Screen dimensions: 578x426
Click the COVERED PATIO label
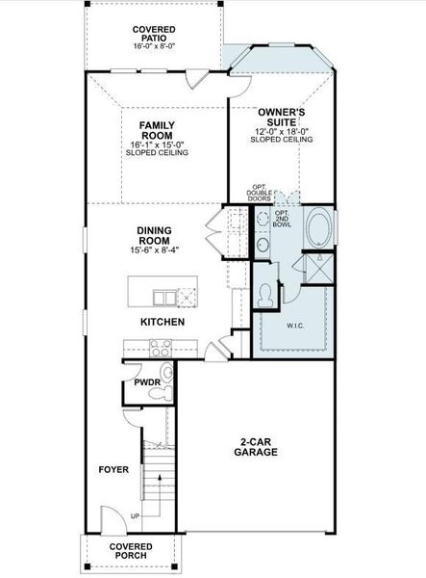[x=154, y=36]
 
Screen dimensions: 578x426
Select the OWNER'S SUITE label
[x=281, y=118]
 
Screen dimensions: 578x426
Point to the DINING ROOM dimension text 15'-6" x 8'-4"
[x=154, y=250]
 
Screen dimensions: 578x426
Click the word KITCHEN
[x=163, y=322]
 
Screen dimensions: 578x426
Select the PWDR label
[x=146, y=381]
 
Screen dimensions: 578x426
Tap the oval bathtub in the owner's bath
[x=318, y=232]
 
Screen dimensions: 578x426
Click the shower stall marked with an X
[x=316, y=267]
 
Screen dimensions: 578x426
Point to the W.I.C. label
[x=295, y=326]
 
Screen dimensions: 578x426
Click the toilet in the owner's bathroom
[x=265, y=294]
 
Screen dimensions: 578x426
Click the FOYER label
[x=113, y=470]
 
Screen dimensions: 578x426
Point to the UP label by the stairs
[x=136, y=516]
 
